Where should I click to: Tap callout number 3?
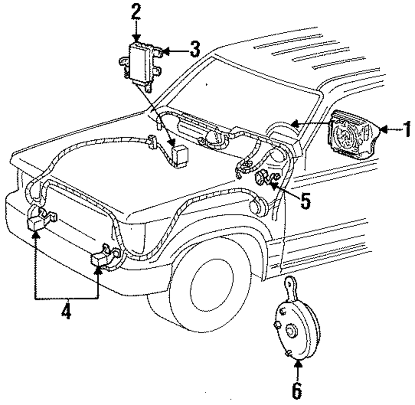click(195, 49)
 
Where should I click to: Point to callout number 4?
click(66, 311)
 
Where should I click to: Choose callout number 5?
click(305, 201)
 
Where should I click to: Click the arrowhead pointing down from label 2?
click(136, 38)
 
